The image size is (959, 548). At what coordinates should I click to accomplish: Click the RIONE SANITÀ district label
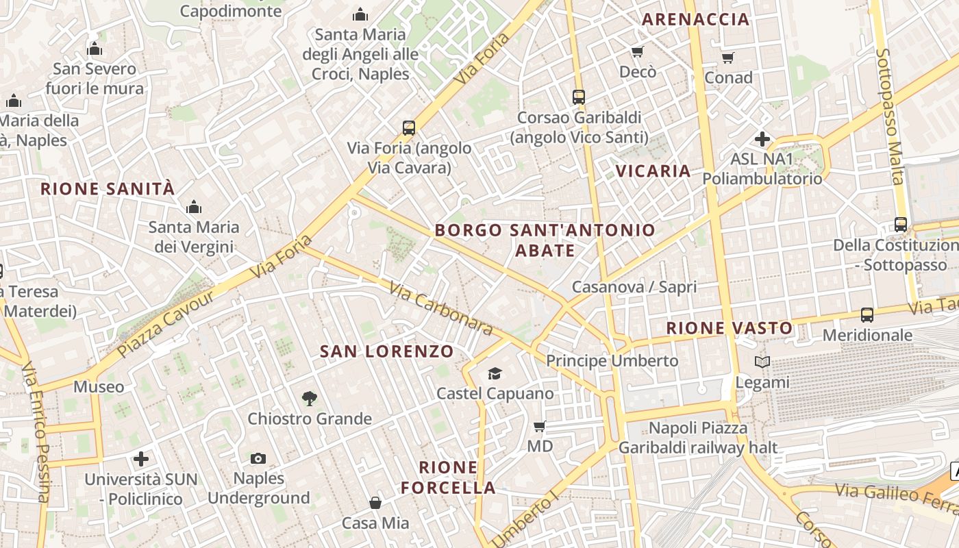(108, 189)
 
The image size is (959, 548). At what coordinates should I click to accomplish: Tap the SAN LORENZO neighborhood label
(387, 352)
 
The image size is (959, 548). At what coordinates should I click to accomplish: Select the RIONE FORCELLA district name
(448, 477)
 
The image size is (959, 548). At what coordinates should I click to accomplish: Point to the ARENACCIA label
(695, 19)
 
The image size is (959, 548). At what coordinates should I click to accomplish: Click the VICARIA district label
(653, 171)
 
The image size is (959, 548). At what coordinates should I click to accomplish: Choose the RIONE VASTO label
(730, 328)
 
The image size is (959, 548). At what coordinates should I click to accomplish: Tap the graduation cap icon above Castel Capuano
(495, 373)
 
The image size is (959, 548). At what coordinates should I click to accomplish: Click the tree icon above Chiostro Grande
(310, 398)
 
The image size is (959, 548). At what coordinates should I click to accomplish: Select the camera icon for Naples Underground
(258, 458)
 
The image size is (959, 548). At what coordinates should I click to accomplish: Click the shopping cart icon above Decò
(637, 51)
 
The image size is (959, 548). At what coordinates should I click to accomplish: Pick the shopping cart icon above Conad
(727, 58)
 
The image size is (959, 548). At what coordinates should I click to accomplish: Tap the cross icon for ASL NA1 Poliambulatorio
(762, 139)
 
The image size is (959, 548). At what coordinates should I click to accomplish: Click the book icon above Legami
(762, 362)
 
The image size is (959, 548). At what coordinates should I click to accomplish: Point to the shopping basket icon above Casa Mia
(375, 503)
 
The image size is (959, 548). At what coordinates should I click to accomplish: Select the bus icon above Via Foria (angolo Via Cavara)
(409, 127)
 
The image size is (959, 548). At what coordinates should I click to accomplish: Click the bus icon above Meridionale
(867, 315)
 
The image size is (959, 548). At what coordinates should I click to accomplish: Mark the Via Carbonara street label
(440, 309)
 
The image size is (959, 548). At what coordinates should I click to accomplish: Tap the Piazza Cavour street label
(166, 324)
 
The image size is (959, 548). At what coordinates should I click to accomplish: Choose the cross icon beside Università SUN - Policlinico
(141, 458)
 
